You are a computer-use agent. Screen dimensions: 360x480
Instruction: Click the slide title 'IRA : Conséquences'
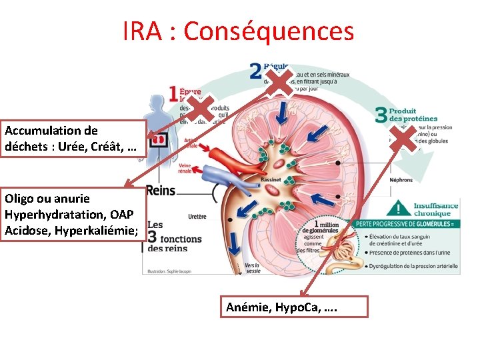pyautogui.click(x=238, y=31)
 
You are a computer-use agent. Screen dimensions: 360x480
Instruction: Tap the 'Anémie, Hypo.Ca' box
pyautogui.click(x=294, y=307)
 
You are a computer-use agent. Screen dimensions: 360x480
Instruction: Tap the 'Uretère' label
pyautogui.click(x=197, y=216)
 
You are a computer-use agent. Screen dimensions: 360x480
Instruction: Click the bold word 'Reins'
pyautogui.click(x=161, y=191)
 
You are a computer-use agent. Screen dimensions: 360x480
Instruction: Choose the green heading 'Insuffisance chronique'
pyautogui.click(x=436, y=210)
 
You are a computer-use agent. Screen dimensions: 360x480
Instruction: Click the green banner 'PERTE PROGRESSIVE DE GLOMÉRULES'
pyautogui.click(x=407, y=225)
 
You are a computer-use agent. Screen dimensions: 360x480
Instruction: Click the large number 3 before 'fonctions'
pyautogui.click(x=153, y=237)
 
